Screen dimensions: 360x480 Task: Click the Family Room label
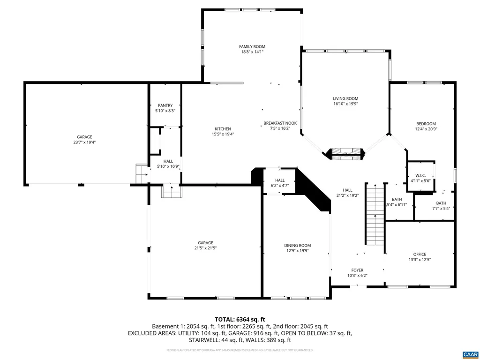(x=252, y=46)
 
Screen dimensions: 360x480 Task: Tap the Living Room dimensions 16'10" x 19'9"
(x=345, y=104)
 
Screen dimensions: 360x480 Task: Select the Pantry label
(x=165, y=105)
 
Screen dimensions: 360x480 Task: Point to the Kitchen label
(x=223, y=129)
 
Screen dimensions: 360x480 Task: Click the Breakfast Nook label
(x=280, y=123)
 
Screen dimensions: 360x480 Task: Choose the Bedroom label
(x=426, y=124)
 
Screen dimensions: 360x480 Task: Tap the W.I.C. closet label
(x=420, y=176)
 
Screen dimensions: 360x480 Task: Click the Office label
(x=420, y=255)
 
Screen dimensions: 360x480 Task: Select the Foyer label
(x=357, y=270)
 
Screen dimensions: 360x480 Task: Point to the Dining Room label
(x=297, y=245)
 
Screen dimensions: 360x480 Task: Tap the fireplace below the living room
(x=346, y=154)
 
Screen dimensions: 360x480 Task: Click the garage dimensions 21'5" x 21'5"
(x=205, y=248)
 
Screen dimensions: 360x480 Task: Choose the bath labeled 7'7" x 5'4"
(x=441, y=206)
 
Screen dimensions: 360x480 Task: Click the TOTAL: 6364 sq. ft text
(x=240, y=318)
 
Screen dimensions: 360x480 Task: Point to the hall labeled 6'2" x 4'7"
(x=279, y=183)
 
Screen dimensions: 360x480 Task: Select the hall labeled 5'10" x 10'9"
(x=168, y=164)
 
